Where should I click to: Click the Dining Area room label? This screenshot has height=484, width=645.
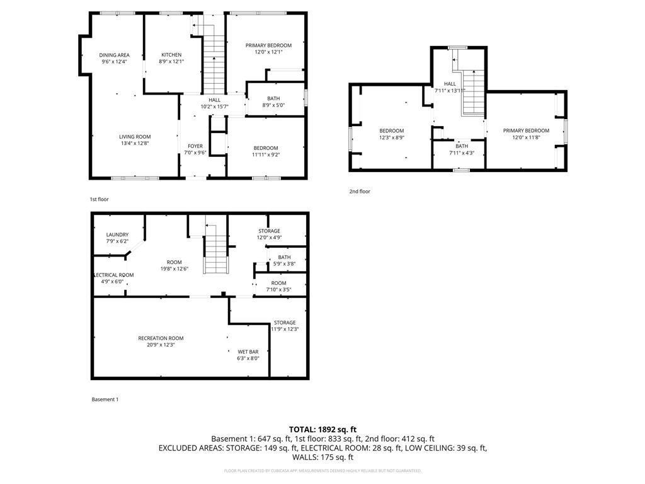pyautogui.click(x=114, y=55)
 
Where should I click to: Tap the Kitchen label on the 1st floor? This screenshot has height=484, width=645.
pyautogui.click(x=171, y=55)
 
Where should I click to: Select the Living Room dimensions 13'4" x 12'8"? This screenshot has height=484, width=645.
pyautogui.click(x=135, y=143)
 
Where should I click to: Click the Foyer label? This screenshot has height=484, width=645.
pyautogui.click(x=195, y=146)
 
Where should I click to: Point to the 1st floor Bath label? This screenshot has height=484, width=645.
pyautogui.click(x=273, y=98)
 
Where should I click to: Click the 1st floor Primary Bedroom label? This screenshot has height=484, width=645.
pyautogui.click(x=268, y=45)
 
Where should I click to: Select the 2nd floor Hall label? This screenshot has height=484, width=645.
pyautogui.click(x=449, y=84)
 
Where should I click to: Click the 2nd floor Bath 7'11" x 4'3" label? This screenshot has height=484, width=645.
pyautogui.click(x=462, y=146)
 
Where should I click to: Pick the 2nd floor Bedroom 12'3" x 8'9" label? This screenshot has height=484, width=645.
pyautogui.click(x=391, y=130)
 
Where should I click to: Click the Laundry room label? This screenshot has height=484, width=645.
pyautogui.click(x=117, y=234)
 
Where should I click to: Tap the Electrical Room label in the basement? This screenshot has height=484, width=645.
pyautogui.click(x=113, y=275)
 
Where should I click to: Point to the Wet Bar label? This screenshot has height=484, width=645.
pyautogui.click(x=248, y=352)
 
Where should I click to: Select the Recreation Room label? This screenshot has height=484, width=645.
pyautogui.click(x=161, y=338)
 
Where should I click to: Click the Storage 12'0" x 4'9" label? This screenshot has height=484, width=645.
pyautogui.click(x=269, y=231)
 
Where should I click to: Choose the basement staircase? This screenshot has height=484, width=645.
pyautogui.click(x=215, y=249)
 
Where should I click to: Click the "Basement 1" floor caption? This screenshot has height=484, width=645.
pyautogui.click(x=105, y=399)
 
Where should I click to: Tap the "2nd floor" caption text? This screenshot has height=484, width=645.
pyautogui.click(x=360, y=191)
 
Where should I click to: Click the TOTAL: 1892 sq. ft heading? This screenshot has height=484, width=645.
pyautogui.click(x=322, y=429)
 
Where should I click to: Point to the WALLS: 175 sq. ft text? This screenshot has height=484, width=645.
pyautogui.click(x=322, y=458)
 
